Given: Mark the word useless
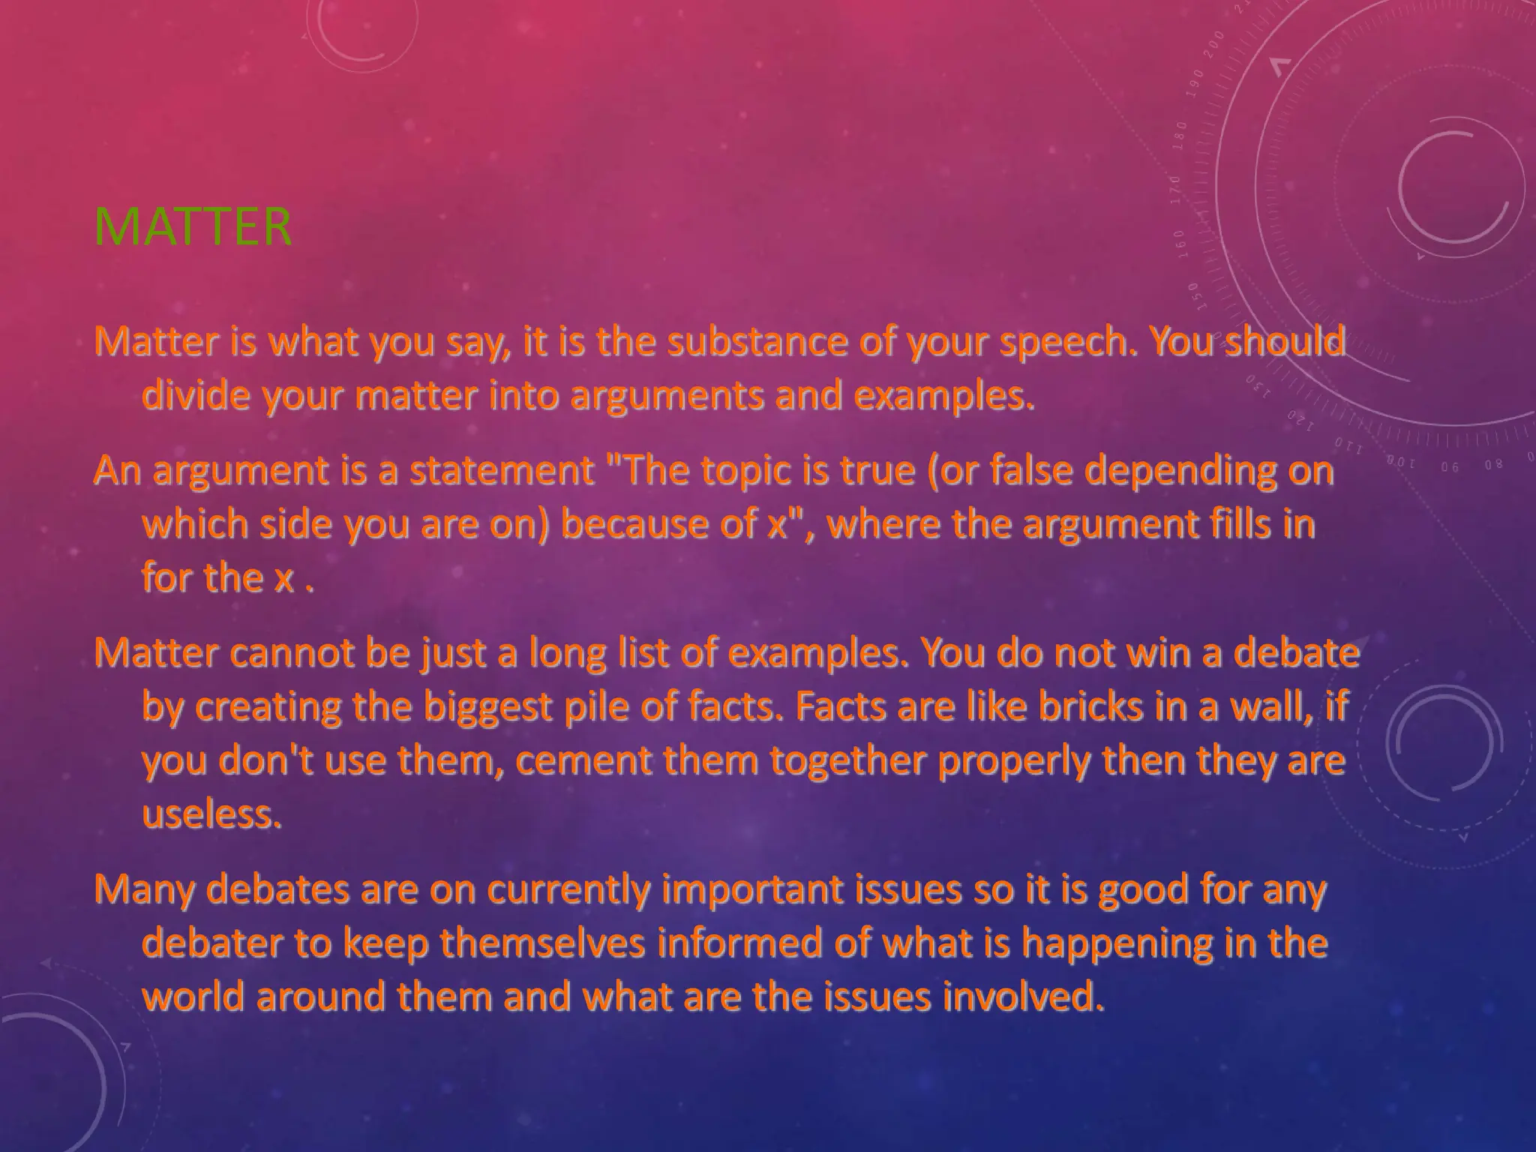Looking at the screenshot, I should [211, 814].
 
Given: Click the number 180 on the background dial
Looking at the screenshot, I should [1180, 136].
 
